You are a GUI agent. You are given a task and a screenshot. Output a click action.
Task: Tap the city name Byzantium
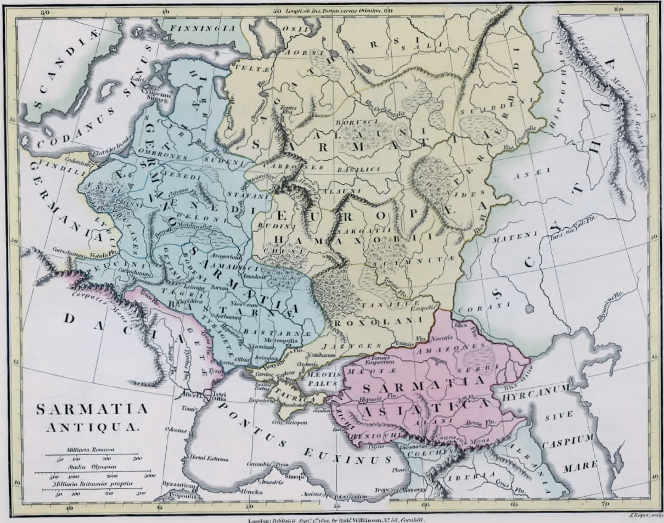coord(179,485)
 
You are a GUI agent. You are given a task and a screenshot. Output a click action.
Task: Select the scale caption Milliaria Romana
coord(82,449)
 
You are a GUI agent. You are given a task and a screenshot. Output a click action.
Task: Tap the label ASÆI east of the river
coord(525,176)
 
